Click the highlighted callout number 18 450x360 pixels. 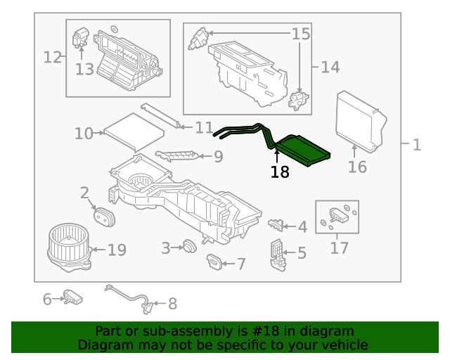point(280,172)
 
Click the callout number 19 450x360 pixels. point(117,250)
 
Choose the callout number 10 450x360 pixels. point(84,133)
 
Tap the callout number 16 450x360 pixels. point(357,167)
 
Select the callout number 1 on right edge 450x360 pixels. point(416,145)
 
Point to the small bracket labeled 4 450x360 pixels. point(276,224)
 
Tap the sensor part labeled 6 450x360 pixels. point(72,297)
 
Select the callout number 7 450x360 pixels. point(240,264)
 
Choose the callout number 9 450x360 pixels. point(218,156)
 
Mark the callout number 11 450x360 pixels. point(204,128)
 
